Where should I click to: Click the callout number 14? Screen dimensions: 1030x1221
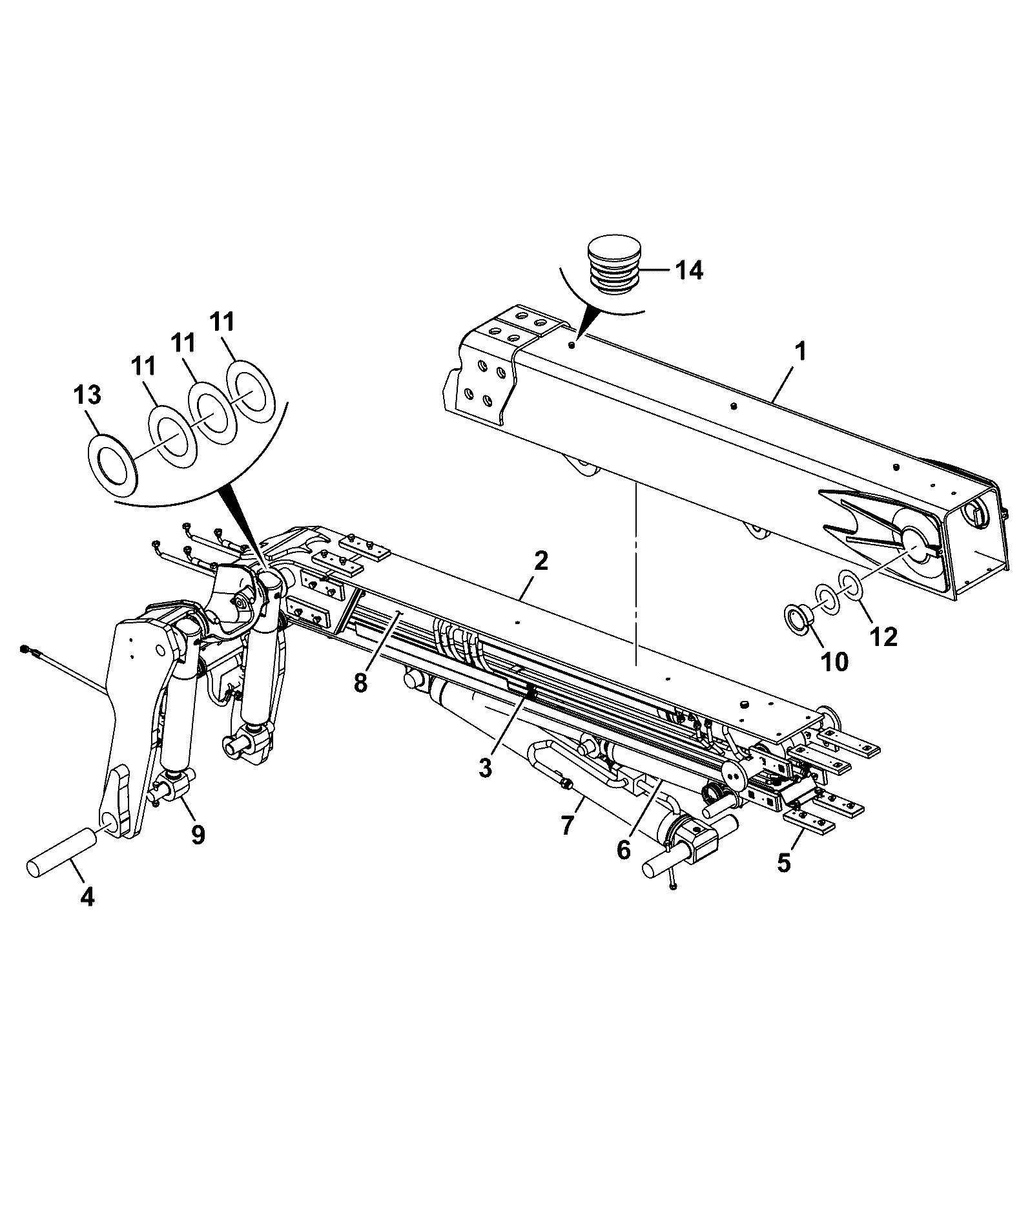[x=688, y=270]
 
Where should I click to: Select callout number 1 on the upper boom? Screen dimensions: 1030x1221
[x=800, y=352]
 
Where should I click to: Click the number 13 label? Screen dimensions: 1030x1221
[x=87, y=395]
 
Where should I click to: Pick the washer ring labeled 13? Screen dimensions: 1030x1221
[x=114, y=459]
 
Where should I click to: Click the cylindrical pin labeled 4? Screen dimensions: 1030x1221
[x=62, y=854]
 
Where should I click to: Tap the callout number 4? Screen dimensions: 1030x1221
[x=87, y=897]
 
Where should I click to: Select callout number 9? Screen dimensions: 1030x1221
[x=198, y=835]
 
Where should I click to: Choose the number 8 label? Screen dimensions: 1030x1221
[x=360, y=683]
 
